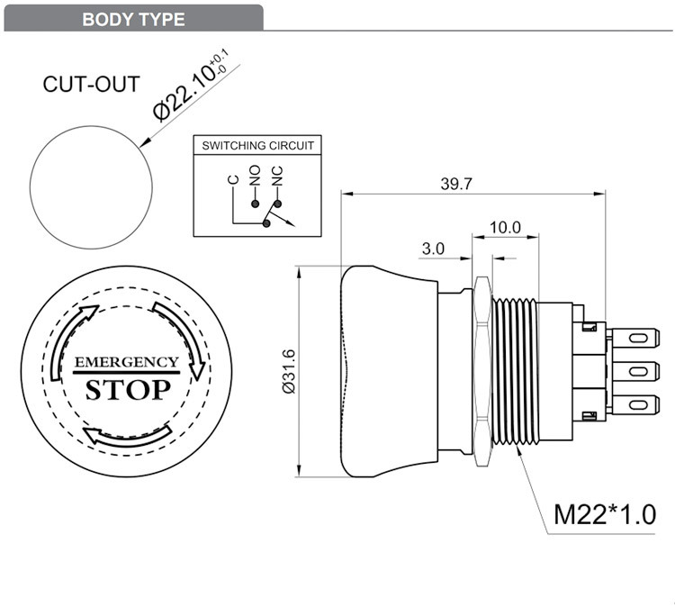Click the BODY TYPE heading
pos(133,19)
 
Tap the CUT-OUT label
pos(91,85)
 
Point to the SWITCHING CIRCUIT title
pos(257,146)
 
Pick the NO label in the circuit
pos(255,175)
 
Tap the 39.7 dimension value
pos(456,184)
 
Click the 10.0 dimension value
pos(505,227)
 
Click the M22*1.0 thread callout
pos(605,514)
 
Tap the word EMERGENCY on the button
pos(126,362)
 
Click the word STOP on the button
pos(126,389)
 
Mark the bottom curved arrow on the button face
pos(128,436)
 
